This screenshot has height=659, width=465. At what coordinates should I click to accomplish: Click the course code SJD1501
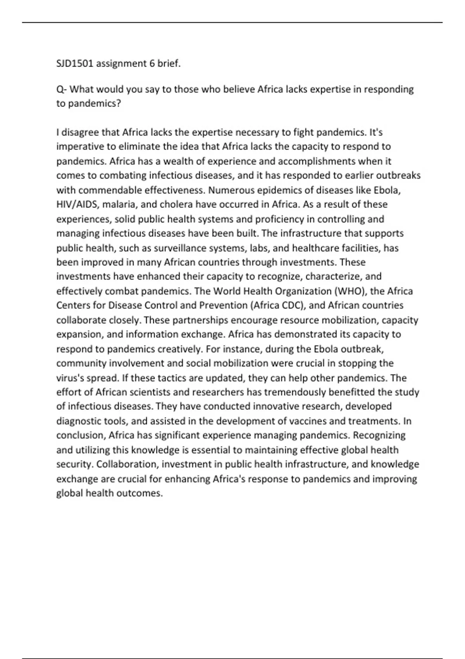(75, 64)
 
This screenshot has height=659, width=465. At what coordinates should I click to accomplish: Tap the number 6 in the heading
(152, 64)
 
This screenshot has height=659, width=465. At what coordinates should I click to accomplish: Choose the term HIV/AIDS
(77, 205)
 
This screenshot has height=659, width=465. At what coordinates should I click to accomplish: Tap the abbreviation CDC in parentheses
(294, 306)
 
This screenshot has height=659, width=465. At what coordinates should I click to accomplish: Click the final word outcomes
(142, 493)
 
